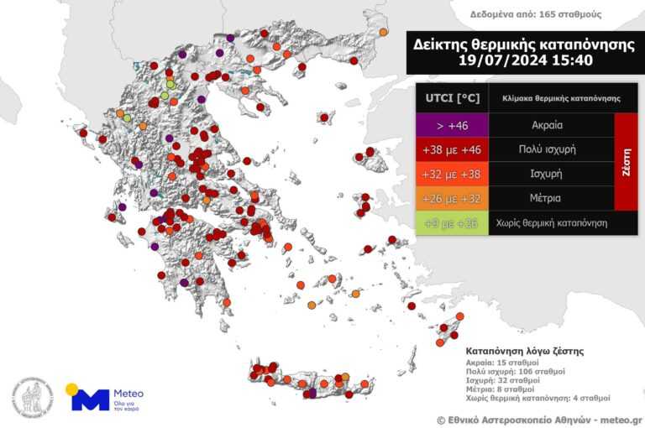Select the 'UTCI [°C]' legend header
tap(452, 98)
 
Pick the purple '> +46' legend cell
tap(452, 126)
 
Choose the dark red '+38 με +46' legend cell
tap(452, 150)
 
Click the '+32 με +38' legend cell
tap(452, 175)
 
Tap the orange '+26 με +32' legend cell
tap(452, 199)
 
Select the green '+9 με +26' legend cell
tap(452, 223)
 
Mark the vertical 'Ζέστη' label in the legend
tap(626, 162)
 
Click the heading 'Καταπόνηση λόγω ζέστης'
tap(524, 350)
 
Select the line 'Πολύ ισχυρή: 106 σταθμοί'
tap(515, 371)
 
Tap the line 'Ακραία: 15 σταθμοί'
tap(502, 362)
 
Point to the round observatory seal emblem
tap(32, 398)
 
